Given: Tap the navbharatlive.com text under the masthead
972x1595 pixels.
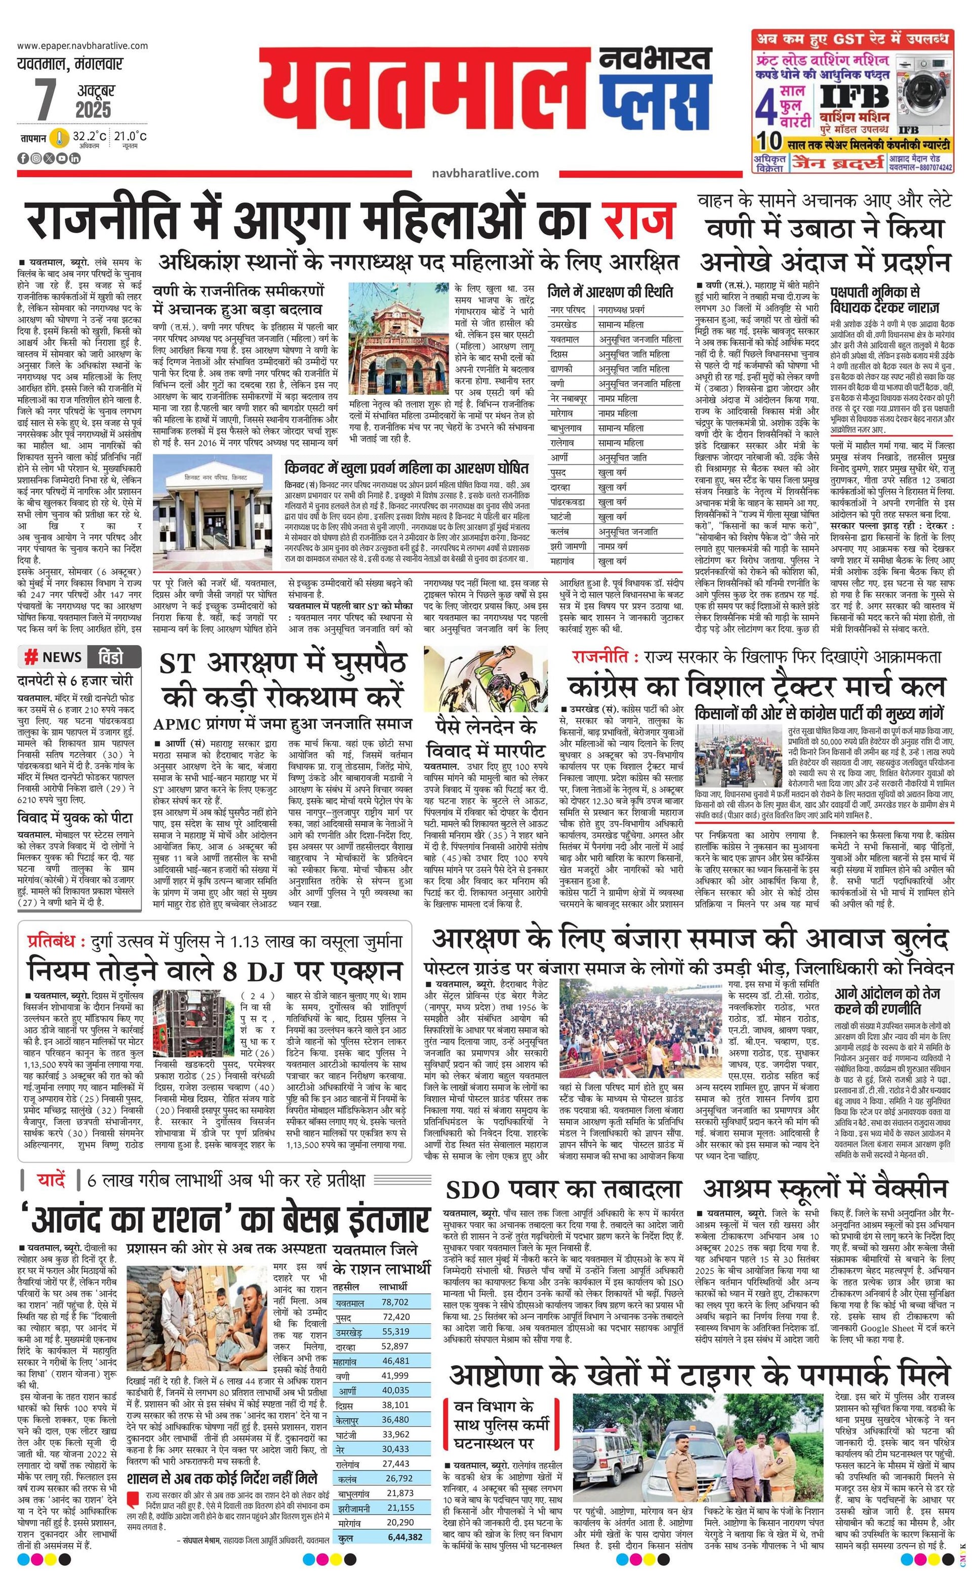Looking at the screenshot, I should point(485,173).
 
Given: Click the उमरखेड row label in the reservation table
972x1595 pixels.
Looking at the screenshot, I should point(563,324).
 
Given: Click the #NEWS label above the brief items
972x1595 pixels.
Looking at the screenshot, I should point(53,658).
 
